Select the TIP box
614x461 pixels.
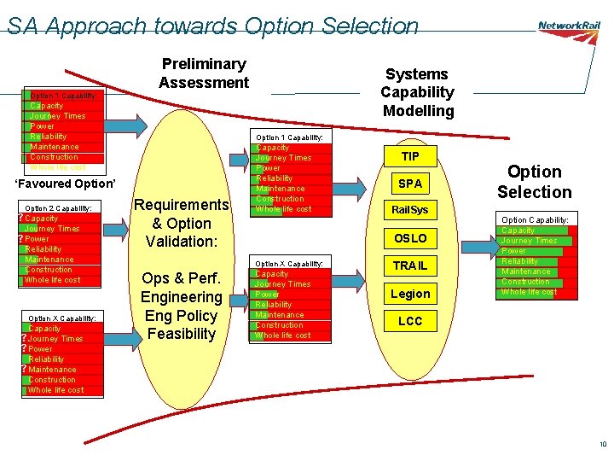(x=410, y=156)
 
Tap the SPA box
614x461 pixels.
(x=410, y=184)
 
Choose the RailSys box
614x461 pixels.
(x=410, y=210)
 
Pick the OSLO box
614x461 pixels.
(x=410, y=238)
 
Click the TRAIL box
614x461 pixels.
(x=410, y=266)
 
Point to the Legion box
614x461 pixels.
(x=410, y=294)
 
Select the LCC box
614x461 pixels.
(x=410, y=321)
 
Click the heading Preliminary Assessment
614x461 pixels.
(x=203, y=73)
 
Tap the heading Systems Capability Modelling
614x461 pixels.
(x=417, y=92)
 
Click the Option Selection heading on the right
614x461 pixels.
(x=535, y=182)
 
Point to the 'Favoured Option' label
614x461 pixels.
(x=65, y=184)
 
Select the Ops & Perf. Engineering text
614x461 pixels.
(x=180, y=288)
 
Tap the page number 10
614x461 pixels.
(x=603, y=444)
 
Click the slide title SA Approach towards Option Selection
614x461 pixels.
(x=212, y=26)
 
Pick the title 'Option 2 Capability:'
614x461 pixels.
(x=58, y=207)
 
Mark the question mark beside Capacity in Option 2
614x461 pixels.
(x=21, y=219)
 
